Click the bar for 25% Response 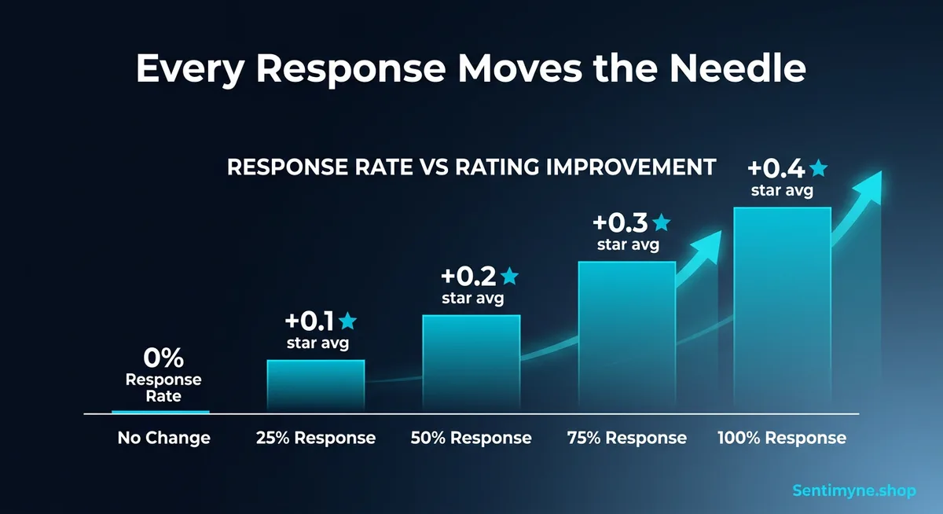315,386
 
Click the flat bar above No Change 160,411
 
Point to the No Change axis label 163,438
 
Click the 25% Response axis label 315,438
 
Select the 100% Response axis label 782,438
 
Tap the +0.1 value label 309,321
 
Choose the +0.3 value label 621,222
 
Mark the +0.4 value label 776,168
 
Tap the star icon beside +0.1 347,321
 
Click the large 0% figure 163,358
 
